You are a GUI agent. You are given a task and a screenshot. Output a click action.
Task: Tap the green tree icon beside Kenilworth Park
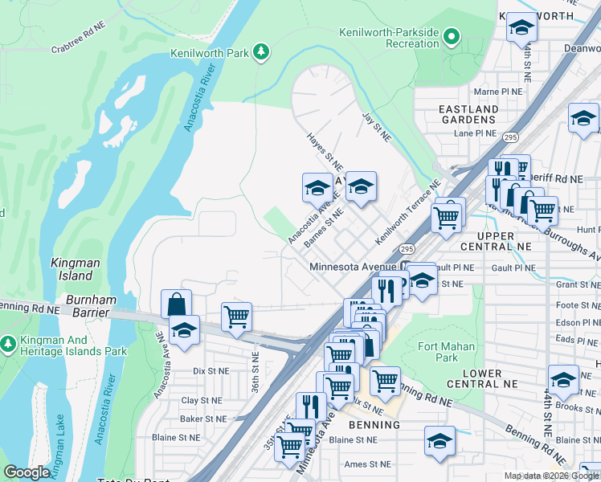(x=260, y=53)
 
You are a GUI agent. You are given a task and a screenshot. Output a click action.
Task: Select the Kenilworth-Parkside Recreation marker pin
(x=452, y=36)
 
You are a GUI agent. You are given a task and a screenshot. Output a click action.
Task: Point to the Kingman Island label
(x=75, y=269)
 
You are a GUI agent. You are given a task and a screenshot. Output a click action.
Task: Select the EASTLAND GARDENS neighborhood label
(x=468, y=114)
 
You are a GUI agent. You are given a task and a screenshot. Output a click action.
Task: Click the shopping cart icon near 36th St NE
(x=236, y=317)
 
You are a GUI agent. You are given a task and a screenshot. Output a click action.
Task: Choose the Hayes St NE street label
(x=325, y=151)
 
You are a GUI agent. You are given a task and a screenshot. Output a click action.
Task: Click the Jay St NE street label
(x=376, y=126)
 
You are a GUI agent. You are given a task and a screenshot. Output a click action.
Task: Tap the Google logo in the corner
(x=26, y=472)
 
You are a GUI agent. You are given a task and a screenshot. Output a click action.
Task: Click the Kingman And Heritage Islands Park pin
(x=8, y=345)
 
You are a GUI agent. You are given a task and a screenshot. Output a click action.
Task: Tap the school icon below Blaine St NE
(x=440, y=441)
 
